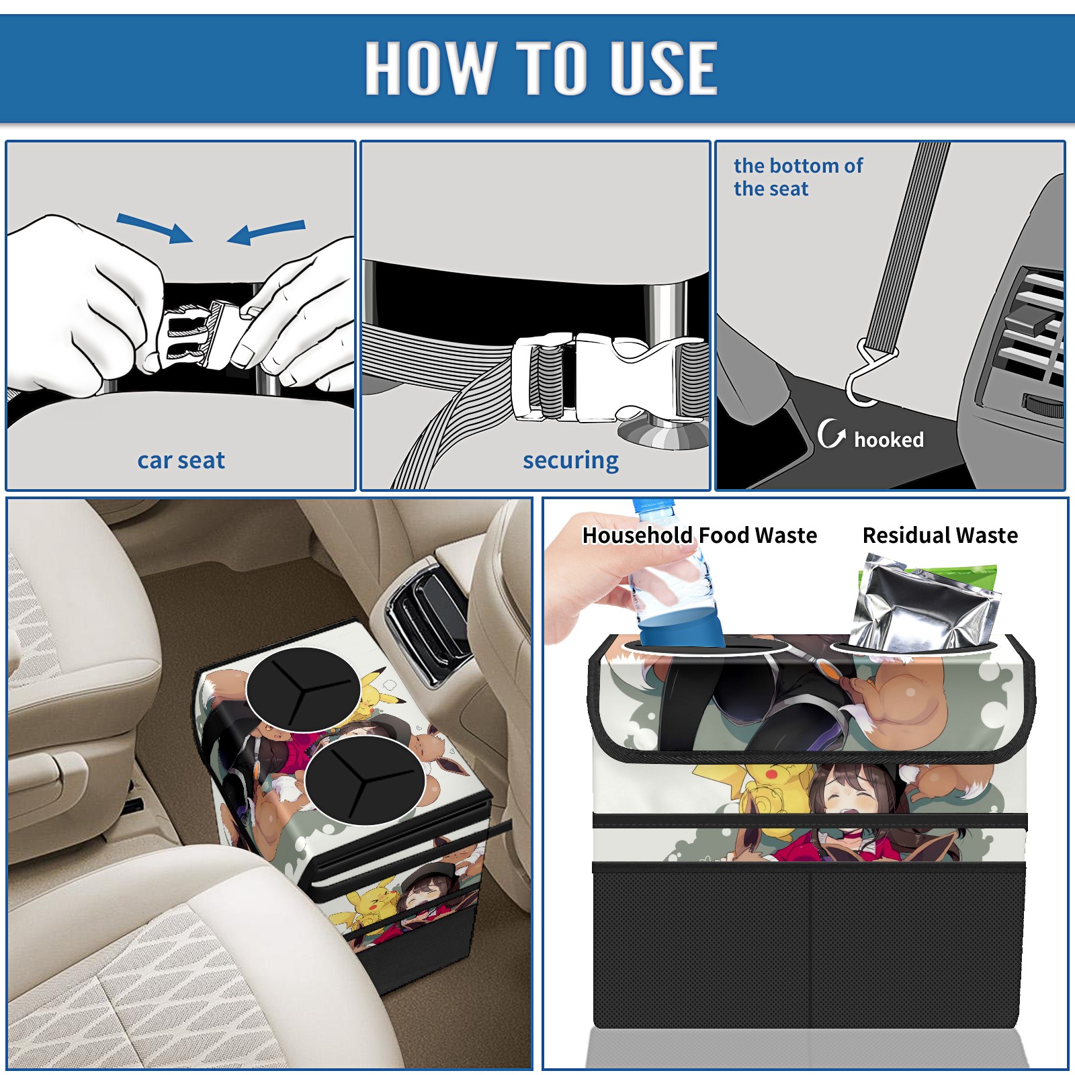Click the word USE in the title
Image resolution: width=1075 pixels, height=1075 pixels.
[x=664, y=67]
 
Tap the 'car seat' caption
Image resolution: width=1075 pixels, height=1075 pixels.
[x=181, y=460]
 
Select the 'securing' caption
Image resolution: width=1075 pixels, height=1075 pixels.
[x=570, y=461]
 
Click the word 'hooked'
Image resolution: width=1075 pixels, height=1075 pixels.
[x=889, y=439]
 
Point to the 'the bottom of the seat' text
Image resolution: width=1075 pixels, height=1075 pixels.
[x=798, y=177]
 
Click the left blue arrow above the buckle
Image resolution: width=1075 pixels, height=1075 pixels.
[x=155, y=228]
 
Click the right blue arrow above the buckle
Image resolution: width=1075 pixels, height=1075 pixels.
[x=266, y=232]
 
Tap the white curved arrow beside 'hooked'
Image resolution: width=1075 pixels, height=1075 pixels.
[x=831, y=433]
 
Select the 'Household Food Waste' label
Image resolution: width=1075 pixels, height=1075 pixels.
[x=699, y=535]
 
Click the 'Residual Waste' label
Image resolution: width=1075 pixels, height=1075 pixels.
[x=940, y=535]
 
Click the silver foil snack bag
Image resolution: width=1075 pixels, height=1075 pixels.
[x=924, y=605]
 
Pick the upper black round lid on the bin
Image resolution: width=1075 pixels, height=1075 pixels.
[x=303, y=690]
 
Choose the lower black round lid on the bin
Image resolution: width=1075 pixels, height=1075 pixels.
[x=364, y=780]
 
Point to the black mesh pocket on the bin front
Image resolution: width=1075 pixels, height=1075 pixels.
[x=809, y=947]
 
